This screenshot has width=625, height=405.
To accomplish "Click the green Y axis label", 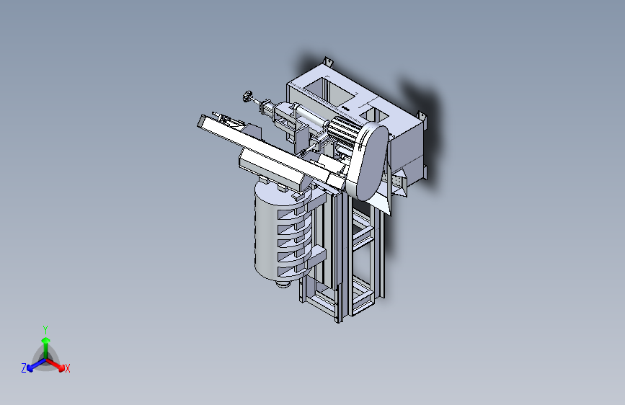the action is click(x=45, y=330).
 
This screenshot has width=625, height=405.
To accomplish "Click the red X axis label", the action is click(x=67, y=368).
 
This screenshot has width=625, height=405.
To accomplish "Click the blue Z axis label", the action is click(x=24, y=368).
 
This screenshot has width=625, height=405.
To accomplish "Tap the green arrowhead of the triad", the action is click(x=46, y=340).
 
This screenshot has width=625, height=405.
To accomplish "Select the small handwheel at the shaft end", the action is click(x=247, y=96).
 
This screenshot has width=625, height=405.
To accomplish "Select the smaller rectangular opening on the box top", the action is click(x=374, y=115).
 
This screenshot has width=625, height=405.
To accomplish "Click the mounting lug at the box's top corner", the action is click(x=328, y=61).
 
